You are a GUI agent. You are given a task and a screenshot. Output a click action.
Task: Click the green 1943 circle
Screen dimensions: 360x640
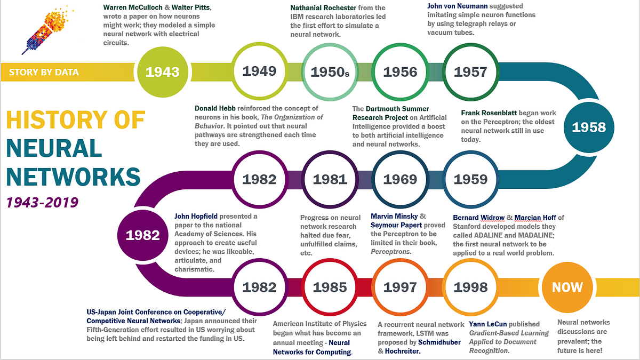[x=162, y=71]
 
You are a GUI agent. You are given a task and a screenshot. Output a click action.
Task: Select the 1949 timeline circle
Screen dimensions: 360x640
[x=259, y=71]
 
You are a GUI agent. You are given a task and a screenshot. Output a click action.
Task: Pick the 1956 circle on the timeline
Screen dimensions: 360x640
[x=400, y=71]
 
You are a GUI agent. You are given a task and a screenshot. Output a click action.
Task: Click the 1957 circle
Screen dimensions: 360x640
[x=470, y=71]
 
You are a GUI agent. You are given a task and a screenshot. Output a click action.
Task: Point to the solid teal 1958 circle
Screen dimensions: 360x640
[x=588, y=127]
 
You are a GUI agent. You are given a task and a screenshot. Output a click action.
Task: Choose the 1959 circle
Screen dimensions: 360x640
[x=470, y=180]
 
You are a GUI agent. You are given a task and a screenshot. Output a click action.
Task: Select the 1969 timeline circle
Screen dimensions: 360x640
[x=400, y=180]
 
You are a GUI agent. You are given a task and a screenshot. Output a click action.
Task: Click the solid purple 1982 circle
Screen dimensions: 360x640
[x=142, y=235]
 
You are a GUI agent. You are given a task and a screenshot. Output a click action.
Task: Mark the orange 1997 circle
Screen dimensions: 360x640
[x=400, y=287]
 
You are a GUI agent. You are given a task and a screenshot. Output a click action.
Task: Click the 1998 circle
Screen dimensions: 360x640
[x=470, y=287]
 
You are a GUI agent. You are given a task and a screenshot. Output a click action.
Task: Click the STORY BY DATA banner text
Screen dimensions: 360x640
[x=44, y=72]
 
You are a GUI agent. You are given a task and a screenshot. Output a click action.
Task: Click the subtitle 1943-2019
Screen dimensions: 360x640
[x=42, y=202]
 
